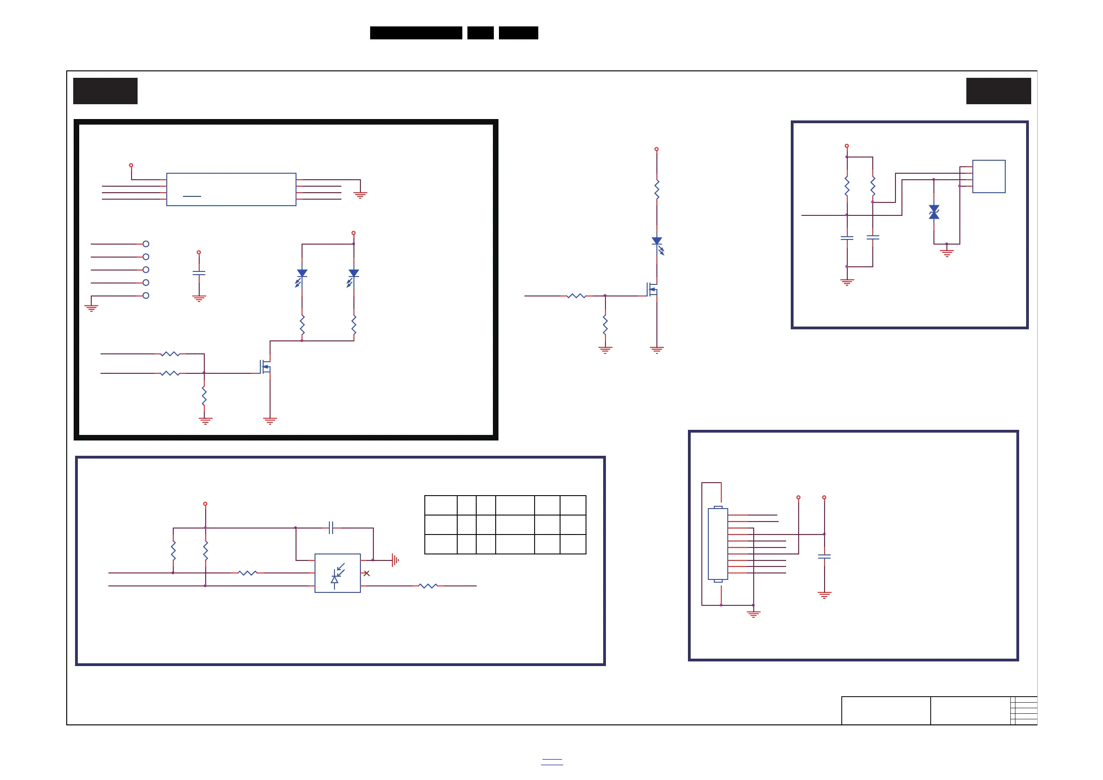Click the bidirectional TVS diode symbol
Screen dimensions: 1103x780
(934, 212)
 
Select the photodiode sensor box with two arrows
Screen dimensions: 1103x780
(337, 573)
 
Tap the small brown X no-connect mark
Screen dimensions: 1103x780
(366, 573)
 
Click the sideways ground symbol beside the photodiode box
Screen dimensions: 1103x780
(395, 560)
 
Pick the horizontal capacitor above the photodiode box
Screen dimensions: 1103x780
(331, 528)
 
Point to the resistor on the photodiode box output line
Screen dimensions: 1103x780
(428, 586)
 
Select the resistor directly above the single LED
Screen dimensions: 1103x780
(657, 189)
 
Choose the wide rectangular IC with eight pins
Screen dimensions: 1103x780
(231, 189)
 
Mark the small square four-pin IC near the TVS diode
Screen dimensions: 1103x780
(989, 176)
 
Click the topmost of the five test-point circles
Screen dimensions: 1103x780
(146, 244)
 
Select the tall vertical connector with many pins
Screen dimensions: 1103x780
(718, 544)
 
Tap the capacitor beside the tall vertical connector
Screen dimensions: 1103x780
(825, 557)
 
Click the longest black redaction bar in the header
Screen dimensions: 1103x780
(416, 33)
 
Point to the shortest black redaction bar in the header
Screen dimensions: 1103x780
(480, 33)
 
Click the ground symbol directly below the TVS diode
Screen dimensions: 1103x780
(946, 252)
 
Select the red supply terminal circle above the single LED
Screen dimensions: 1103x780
(657, 149)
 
